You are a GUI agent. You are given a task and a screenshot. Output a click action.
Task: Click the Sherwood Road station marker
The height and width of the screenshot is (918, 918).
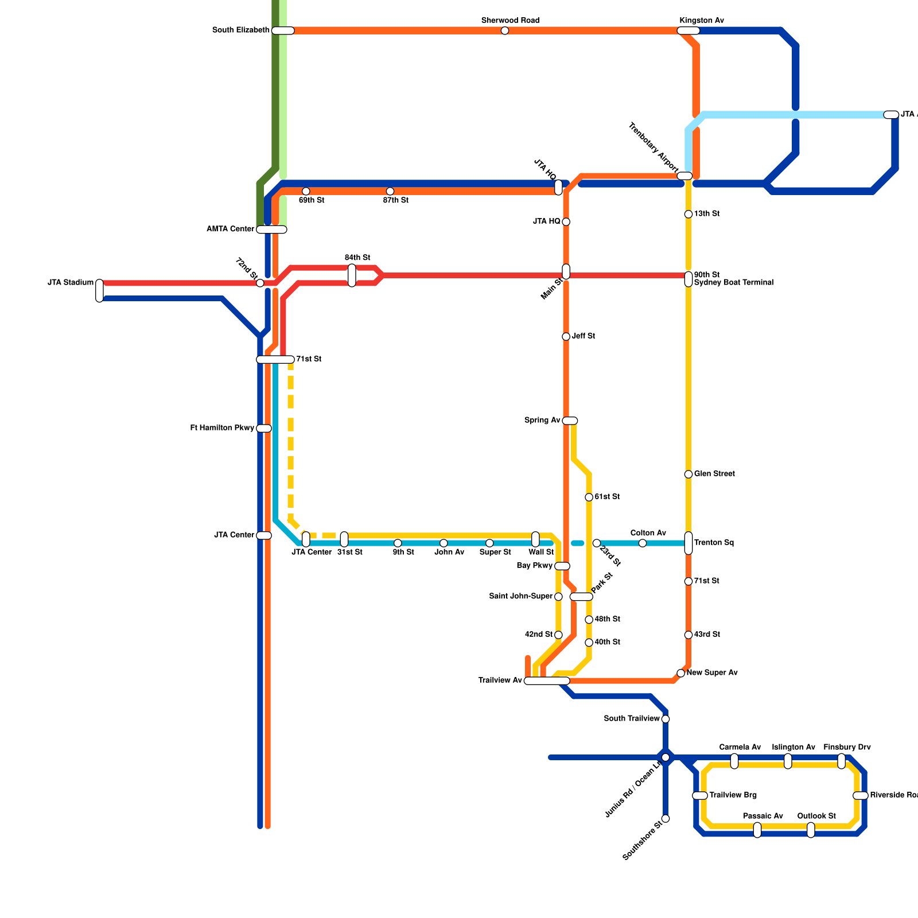pyautogui.click(x=505, y=31)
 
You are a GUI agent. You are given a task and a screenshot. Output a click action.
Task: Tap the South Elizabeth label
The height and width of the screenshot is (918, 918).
pyautogui.click(x=240, y=30)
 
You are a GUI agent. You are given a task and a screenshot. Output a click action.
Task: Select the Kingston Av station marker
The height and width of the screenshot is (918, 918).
pyautogui.click(x=688, y=31)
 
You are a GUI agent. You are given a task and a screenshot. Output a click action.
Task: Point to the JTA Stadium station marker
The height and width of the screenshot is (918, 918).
pyautogui.click(x=100, y=290)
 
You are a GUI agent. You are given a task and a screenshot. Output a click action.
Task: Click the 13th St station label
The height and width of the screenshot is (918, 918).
pyautogui.click(x=706, y=214)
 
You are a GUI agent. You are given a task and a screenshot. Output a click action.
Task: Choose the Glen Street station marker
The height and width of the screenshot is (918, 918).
pyautogui.click(x=688, y=474)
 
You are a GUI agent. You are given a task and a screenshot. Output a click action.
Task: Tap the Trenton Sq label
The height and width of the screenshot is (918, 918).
pyautogui.click(x=714, y=543)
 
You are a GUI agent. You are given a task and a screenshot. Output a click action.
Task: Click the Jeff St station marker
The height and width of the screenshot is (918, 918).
pyautogui.click(x=566, y=337)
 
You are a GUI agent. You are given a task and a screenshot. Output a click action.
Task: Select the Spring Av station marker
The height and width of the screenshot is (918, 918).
pyautogui.click(x=570, y=421)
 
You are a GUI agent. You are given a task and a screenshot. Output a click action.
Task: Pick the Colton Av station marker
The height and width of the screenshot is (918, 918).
pyautogui.click(x=643, y=543)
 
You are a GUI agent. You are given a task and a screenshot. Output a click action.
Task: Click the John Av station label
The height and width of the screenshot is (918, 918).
pyautogui.click(x=449, y=553)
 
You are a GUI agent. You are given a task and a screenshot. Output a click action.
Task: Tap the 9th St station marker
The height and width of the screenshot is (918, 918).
pyautogui.click(x=398, y=543)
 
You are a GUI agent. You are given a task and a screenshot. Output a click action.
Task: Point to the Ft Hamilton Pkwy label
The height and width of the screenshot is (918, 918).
pyautogui.click(x=222, y=428)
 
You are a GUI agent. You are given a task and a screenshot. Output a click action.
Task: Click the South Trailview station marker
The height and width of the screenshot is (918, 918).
pyautogui.click(x=666, y=719)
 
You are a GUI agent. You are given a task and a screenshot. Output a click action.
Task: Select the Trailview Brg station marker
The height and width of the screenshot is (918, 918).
pyautogui.click(x=700, y=795)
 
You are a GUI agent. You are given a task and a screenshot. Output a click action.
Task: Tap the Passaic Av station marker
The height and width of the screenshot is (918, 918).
pyautogui.click(x=757, y=830)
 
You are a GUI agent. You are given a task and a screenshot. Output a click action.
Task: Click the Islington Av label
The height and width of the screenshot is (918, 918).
pyautogui.click(x=793, y=748)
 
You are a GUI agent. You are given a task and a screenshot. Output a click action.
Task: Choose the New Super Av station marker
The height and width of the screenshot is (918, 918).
pyautogui.click(x=681, y=673)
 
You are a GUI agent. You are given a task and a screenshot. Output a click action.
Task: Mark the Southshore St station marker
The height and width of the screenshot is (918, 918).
pyautogui.click(x=666, y=818)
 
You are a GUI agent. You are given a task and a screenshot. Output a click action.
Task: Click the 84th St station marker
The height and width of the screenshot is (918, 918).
pyautogui.click(x=352, y=275)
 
